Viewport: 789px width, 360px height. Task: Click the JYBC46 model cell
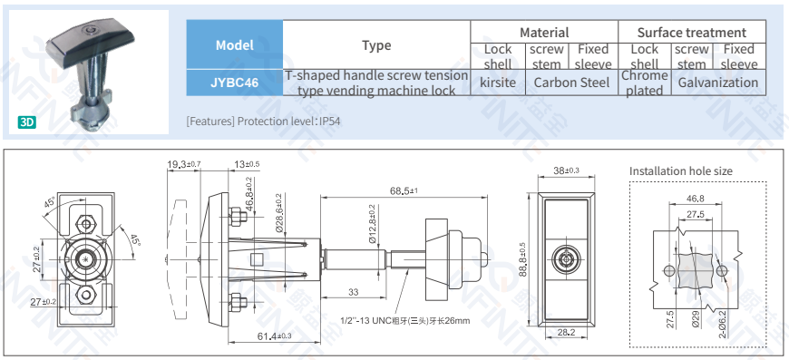tap(234, 83)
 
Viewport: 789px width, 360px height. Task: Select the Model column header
tap(234, 45)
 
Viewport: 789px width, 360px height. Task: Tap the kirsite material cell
tap(497, 83)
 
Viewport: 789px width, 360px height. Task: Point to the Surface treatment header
tap(691, 32)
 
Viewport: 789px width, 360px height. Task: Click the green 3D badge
tap(27, 122)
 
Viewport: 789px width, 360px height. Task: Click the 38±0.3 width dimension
tap(566, 170)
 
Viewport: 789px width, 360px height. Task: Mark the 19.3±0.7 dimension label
tap(183, 164)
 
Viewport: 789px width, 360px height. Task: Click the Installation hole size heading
tap(680, 170)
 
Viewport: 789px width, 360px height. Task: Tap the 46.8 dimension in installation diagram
tap(695, 199)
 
